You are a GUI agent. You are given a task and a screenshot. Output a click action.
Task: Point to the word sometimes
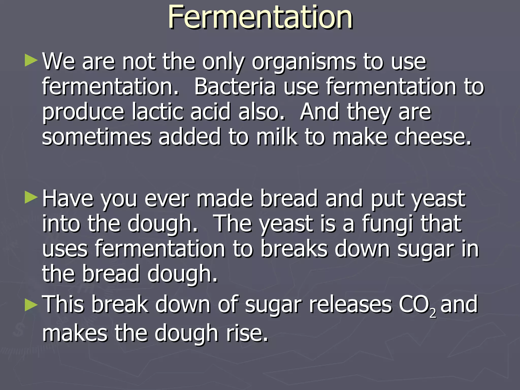point(96,137)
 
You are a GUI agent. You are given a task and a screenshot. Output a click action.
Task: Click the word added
point(189,137)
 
